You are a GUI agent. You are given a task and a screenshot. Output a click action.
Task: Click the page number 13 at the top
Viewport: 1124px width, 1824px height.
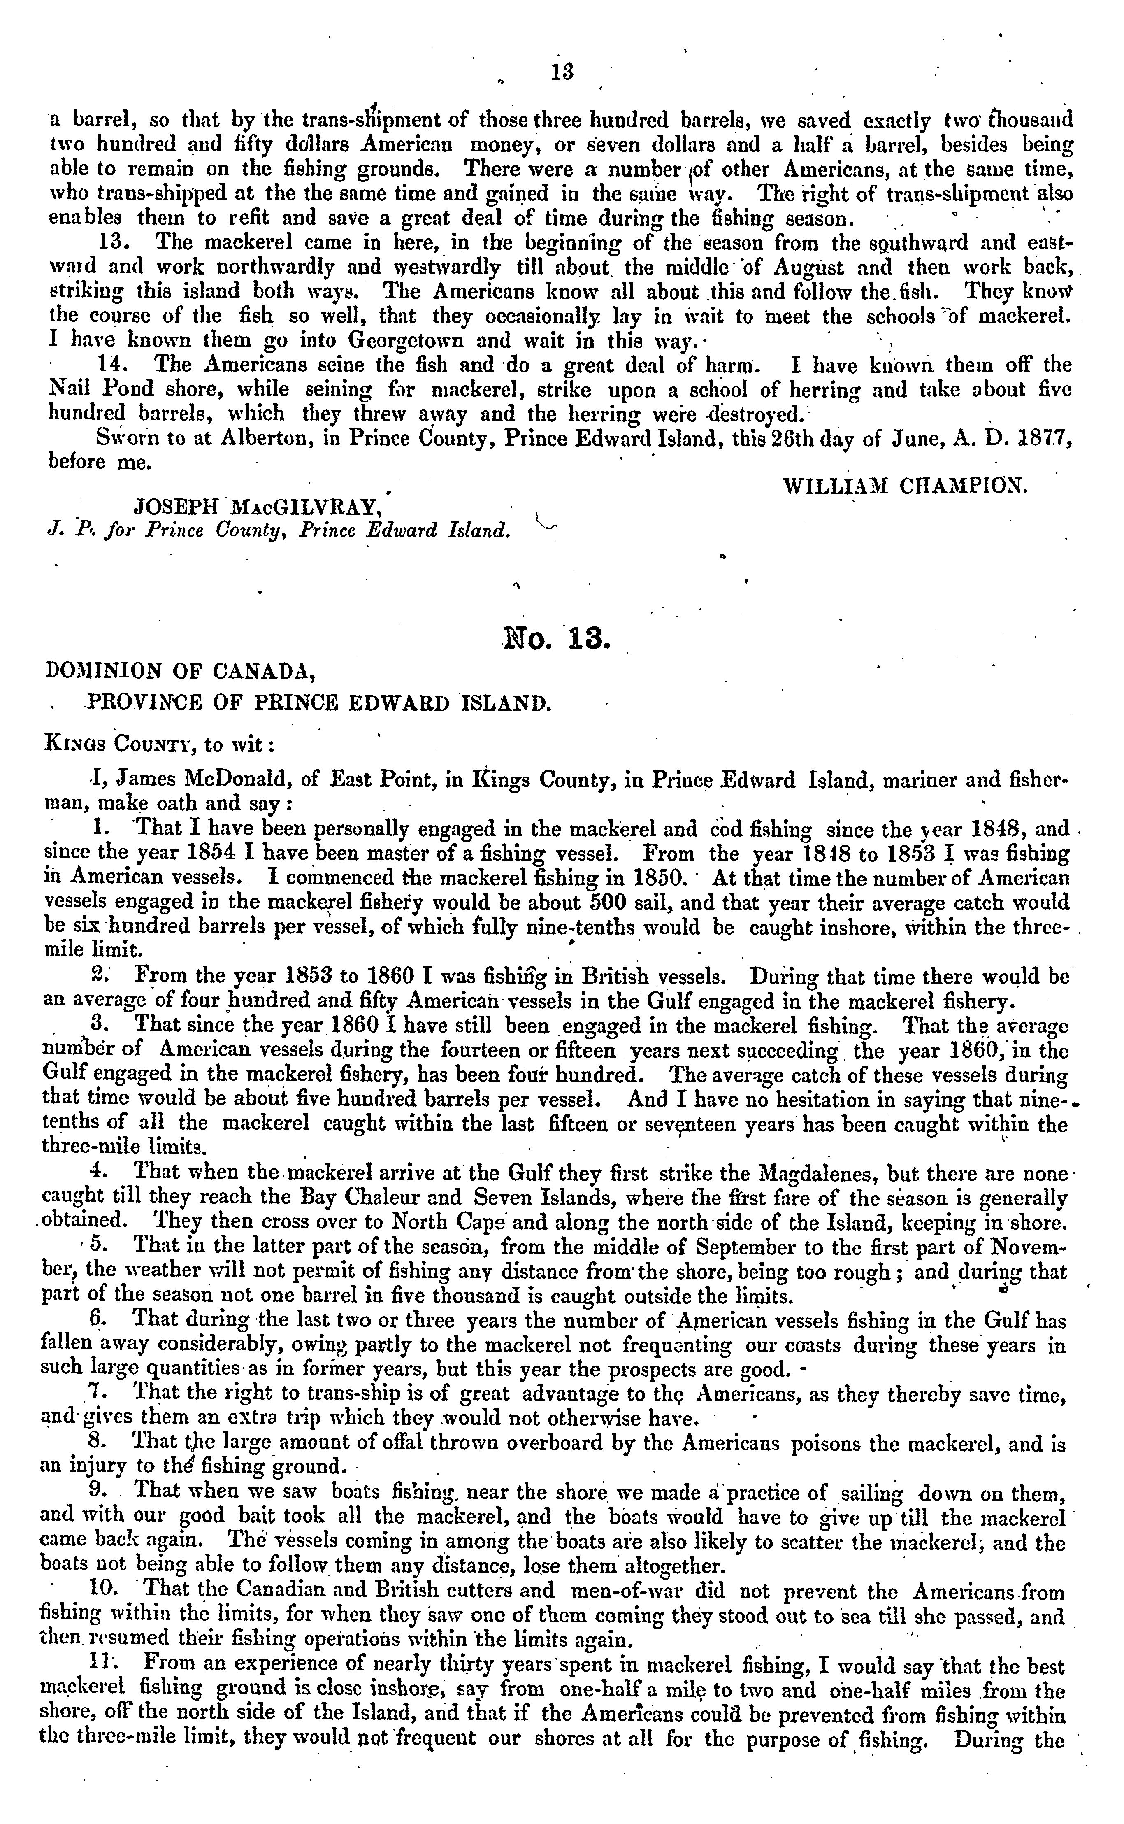562,72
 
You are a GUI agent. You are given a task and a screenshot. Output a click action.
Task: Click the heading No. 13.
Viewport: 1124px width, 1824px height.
556,639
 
